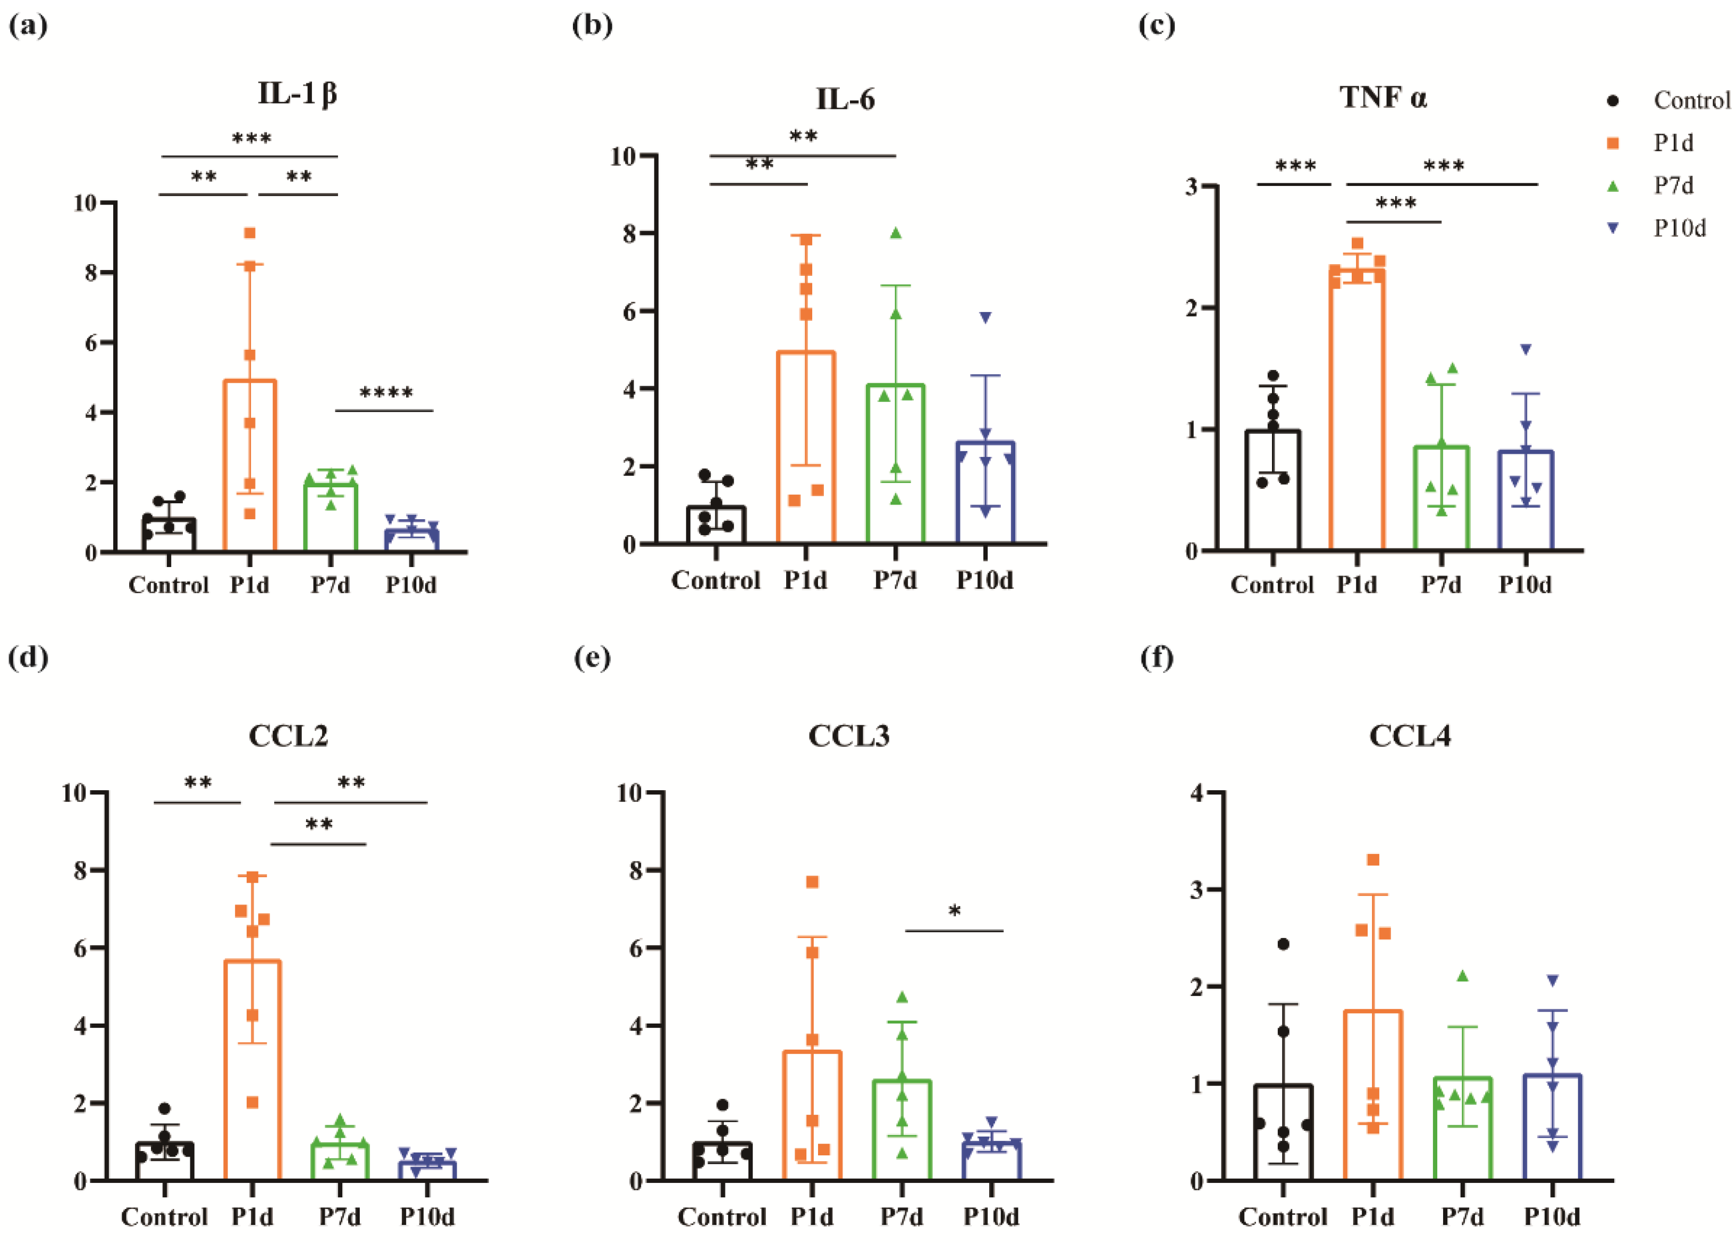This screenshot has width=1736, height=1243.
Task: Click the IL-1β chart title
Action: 297,94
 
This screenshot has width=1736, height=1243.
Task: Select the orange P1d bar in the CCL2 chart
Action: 252,1071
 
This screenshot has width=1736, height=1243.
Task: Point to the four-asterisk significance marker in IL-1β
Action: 386,393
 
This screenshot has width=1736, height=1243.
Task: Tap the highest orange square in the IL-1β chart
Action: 249,233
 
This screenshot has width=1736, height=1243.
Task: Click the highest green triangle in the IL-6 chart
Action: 896,233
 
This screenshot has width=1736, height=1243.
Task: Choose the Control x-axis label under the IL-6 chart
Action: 715,580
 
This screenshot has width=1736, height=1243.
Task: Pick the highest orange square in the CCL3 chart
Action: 812,883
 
